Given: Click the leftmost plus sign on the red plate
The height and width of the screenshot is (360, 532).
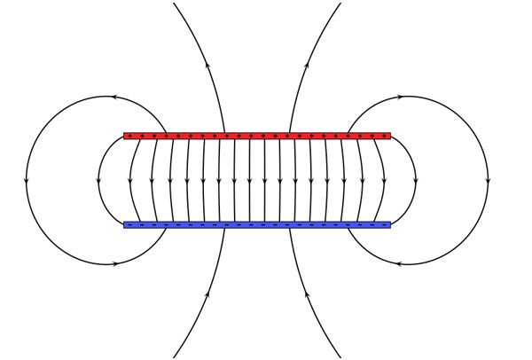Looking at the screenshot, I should tap(129, 136).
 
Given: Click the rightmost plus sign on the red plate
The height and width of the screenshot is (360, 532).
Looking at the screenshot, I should tap(384, 136).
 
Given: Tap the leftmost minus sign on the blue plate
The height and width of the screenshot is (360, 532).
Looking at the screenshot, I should tap(129, 224).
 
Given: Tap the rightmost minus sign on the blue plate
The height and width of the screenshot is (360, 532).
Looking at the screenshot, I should tap(384, 224).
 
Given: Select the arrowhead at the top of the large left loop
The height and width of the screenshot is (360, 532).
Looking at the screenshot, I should tap(114, 97).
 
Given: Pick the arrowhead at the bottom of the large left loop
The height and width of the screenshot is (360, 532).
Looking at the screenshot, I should tap(114, 263).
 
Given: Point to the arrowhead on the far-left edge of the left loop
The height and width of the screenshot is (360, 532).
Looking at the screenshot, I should tap(27, 181).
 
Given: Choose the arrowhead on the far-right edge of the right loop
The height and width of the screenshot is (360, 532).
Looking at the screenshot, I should tap(488, 181).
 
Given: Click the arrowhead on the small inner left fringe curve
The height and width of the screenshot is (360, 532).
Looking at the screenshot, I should tap(98, 182).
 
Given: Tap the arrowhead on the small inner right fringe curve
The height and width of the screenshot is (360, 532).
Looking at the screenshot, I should tap(416, 182).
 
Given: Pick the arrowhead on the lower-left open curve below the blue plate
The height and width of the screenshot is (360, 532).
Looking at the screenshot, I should tap(207, 294).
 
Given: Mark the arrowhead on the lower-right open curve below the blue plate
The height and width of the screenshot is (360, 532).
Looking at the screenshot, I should tap(307, 294).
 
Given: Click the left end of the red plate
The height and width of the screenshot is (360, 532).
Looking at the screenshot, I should tap(125, 136).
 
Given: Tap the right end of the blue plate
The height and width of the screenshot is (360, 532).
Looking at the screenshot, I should tap(388, 224).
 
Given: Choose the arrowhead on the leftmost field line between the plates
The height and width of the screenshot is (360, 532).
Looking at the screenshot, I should tap(130, 182).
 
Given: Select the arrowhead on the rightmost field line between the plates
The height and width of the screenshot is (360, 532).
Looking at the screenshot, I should tap(383, 182).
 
